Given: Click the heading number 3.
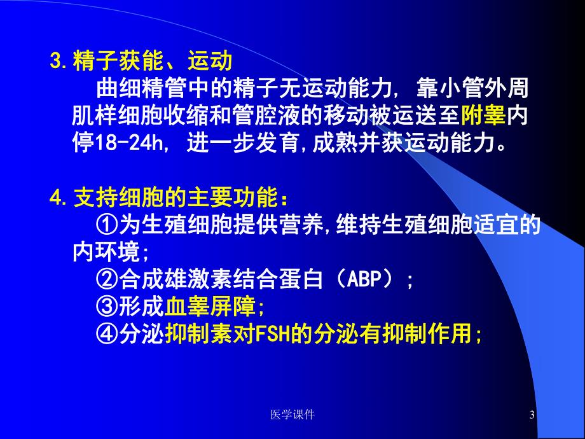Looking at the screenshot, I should click(55, 63).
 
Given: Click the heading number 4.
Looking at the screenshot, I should click(55, 199).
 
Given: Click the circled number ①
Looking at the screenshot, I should click(105, 225).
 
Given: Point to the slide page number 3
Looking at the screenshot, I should click(532, 415).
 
